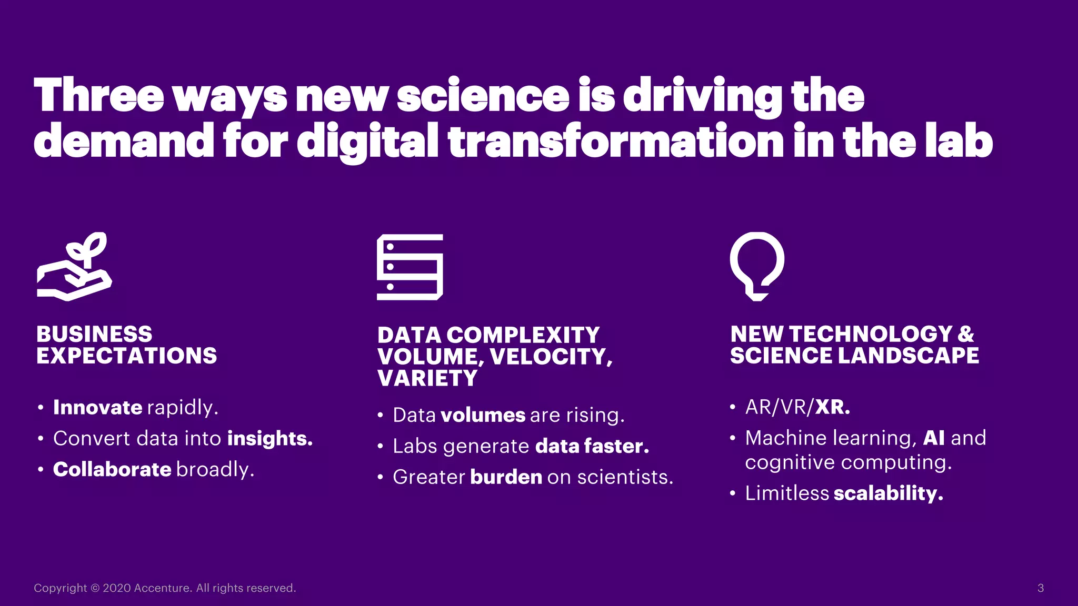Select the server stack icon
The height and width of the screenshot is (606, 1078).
[410, 267]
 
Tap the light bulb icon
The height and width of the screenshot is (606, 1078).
[757, 266]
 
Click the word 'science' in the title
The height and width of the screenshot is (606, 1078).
[483, 96]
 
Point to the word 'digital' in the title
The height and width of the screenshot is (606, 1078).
[367, 141]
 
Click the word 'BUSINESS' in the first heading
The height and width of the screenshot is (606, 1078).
[94, 334]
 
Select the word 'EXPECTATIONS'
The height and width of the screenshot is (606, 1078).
[127, 356]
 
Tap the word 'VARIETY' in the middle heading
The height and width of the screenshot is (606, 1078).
[427, 378]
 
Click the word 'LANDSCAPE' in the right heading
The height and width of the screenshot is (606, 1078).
[908, 356]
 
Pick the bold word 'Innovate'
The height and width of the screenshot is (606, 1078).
[97, 408]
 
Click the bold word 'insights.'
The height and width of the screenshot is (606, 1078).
[270, 439]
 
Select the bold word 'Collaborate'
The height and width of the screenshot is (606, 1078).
[112, 469]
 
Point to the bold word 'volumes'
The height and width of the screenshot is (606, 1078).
[483, 415]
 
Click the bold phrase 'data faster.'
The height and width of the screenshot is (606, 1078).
[592, 446]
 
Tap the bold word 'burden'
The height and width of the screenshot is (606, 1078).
[506, 477]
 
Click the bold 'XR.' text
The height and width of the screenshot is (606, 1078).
[832, 407]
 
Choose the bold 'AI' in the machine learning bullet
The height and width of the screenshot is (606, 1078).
[934, 438]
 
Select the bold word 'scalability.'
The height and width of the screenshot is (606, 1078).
[889, 493]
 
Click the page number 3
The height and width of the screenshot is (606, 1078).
[1040, 588]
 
